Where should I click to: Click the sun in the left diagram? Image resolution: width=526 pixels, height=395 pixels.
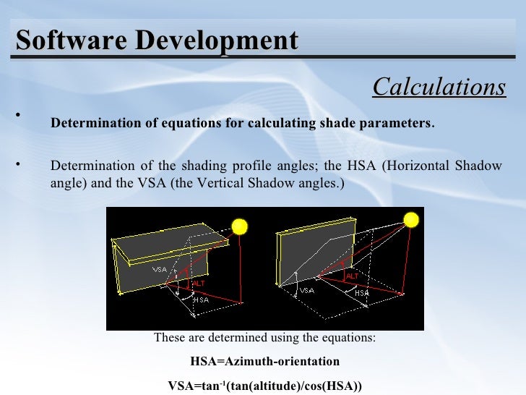239,227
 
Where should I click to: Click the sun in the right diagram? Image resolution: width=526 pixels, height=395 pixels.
410,219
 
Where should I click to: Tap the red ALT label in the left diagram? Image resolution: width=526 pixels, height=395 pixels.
197,284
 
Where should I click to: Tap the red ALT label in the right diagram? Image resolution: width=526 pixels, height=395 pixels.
353,276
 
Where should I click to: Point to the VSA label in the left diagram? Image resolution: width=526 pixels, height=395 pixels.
160,269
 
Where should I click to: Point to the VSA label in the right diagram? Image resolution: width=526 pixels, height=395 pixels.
307,291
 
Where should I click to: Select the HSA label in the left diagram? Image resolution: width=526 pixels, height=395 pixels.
201,300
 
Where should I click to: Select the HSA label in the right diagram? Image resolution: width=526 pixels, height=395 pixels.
361,293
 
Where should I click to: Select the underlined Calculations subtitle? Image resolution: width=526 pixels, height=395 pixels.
439,87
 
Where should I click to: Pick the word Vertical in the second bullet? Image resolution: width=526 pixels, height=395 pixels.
202,182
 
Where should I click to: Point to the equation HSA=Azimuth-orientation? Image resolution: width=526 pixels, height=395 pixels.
264,361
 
